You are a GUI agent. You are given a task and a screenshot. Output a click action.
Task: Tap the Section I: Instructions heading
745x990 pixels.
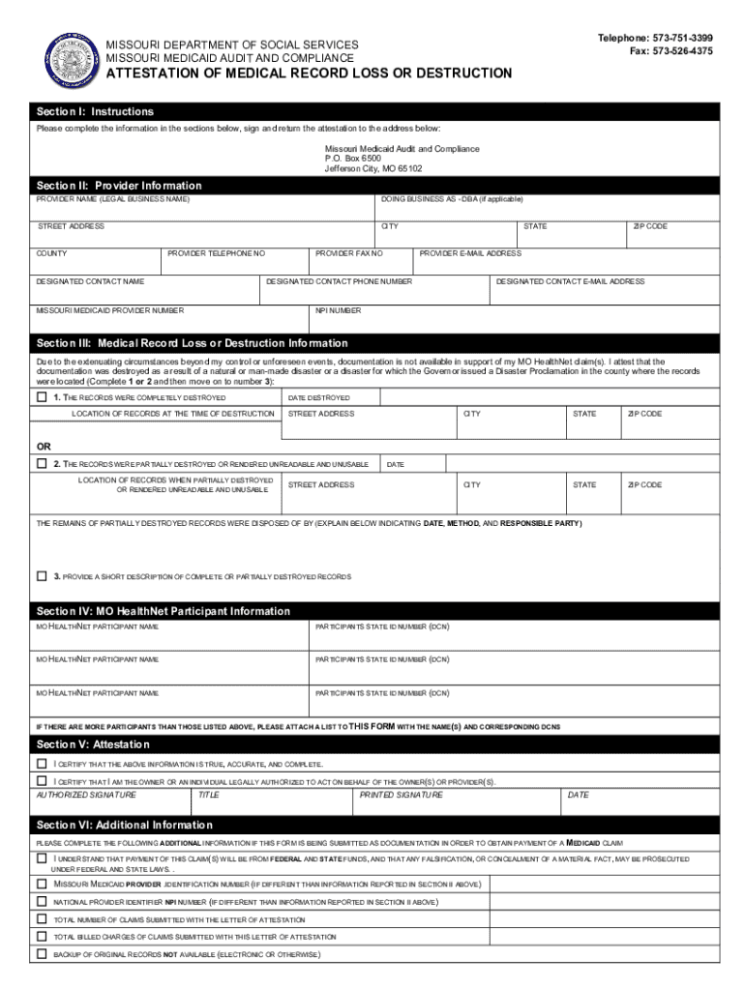click(96, 112)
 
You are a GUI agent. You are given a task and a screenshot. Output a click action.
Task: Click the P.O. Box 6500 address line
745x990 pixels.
click(353, 159)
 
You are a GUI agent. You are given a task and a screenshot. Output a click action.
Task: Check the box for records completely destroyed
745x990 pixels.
click(42, 397)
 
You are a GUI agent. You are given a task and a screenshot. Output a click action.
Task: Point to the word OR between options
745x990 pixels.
click(45, 447)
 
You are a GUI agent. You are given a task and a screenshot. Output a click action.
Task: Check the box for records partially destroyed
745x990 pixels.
click(42, 464)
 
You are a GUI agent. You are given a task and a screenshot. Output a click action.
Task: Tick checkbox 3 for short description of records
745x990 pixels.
click(42, 576)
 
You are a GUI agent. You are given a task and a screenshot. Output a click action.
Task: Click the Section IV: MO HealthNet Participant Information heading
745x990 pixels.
click(164, 611)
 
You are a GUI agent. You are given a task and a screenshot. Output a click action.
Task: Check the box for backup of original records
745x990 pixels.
click(42, 953)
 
